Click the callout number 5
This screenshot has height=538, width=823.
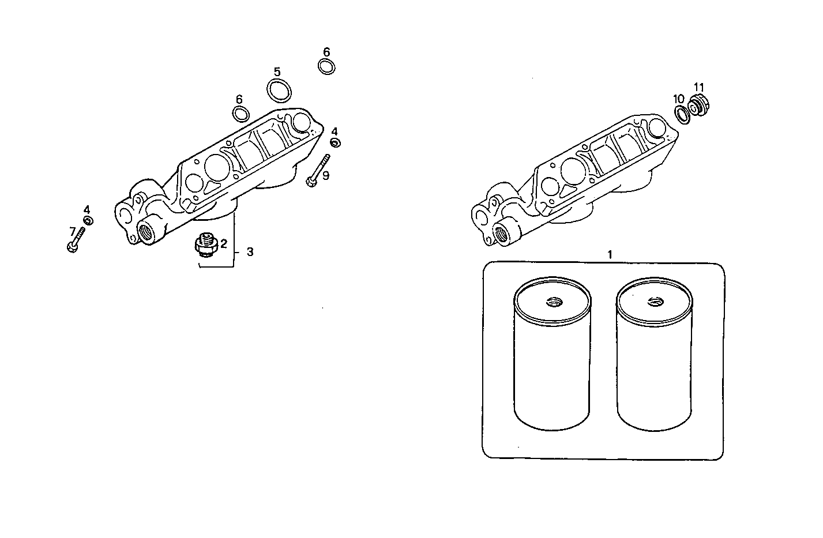[x=277, y=72]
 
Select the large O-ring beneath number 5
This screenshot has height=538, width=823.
[x=279, y=90]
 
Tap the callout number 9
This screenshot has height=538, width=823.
[x=326, y=175]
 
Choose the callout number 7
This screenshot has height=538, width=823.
[x=73, y=231]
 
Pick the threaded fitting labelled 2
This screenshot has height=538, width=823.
[x=205, y=245]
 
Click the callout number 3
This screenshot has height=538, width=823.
[x=250, y=252]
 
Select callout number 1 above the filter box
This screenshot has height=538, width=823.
[x=610, y=254]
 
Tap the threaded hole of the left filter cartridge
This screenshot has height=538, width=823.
[x=554, y=301]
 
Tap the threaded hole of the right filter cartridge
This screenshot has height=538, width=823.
[x=654, y=301]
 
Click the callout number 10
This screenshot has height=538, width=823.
[x=679, y=99]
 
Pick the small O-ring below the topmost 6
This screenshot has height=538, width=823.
[x=326, y=66]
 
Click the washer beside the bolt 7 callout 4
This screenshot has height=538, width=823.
[x=88, y=220]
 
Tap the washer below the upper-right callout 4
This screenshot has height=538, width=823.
[x=335, y=142]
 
